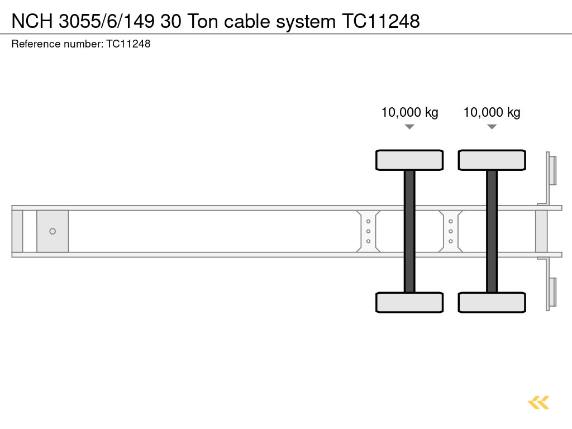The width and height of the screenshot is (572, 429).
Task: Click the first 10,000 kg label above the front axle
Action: click(x=409, y=112)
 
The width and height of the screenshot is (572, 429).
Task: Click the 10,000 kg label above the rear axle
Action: click(x=492, y=112)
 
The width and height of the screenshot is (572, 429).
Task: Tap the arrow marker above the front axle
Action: click(x=409, y=127)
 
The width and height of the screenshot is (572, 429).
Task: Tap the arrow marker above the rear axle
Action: click(x=492, y=127)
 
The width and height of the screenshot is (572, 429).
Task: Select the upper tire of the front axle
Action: click(x=409, y=160)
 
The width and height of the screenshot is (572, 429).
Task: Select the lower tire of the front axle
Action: click(x=409, y=302)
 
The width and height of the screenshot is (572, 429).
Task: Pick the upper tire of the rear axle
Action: click(x=492, y=160)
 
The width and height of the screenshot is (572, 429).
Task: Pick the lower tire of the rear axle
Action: click(x=492, y=302)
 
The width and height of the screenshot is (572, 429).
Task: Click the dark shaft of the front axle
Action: click(x=409, y=231)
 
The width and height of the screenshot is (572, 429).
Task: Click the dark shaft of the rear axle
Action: click(x=492, y=231)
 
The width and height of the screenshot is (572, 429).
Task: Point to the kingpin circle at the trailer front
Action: click(x=53, y=231)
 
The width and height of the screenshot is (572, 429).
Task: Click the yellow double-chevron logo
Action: click(x=538, y=402)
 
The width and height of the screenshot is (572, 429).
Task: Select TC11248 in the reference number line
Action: click(x=128, y=44)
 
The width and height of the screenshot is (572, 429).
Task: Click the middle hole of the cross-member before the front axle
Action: click(x=368, y=231)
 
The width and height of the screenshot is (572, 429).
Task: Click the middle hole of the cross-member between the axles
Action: click(x=450, y=231)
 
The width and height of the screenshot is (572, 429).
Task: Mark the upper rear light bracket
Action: click(x=551, y=170)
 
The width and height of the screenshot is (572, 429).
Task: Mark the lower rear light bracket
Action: click(x=551, y=292)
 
